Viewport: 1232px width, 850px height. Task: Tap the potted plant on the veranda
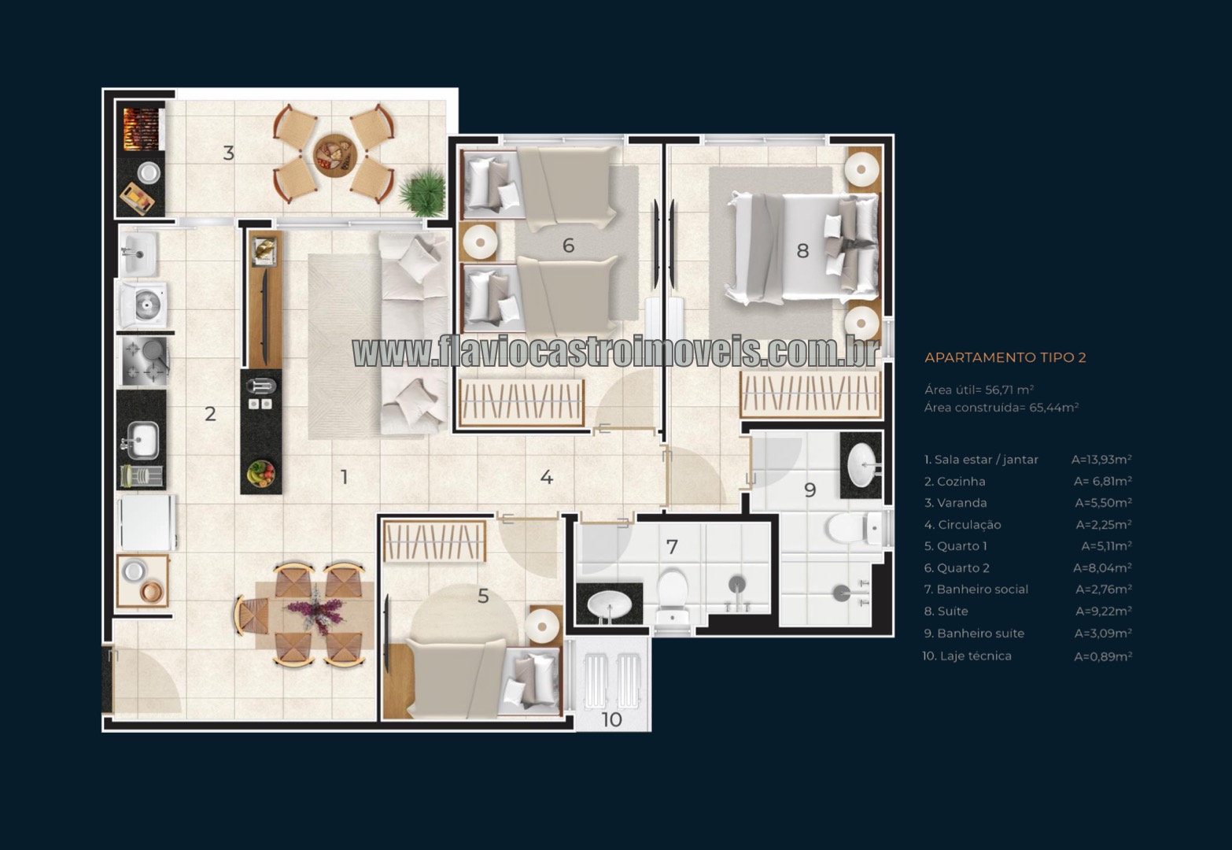(x=423, y=191)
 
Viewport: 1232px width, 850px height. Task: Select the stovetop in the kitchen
(x=144, y=361)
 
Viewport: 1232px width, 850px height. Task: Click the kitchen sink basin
(x=142, y=440)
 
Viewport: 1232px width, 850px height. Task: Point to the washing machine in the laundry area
(x=143, y=306)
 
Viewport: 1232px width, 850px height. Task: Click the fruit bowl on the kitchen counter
(x=260, y=473)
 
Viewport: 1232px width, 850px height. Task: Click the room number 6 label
(x=568, y=246)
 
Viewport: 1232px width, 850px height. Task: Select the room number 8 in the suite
(x=802, y=251)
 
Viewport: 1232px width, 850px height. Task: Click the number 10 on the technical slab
(x=611, y=719)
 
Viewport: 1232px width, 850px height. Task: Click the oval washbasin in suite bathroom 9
(x=861, y=464)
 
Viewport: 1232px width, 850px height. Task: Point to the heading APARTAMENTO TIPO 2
(x=1005, y=357)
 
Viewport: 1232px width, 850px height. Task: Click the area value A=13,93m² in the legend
(x=1101, y=460)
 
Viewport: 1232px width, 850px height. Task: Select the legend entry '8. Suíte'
(x=946, y=611)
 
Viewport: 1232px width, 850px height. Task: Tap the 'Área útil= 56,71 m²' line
(x=979, y=390)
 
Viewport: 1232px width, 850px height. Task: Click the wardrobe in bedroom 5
(x=434, y=542)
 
